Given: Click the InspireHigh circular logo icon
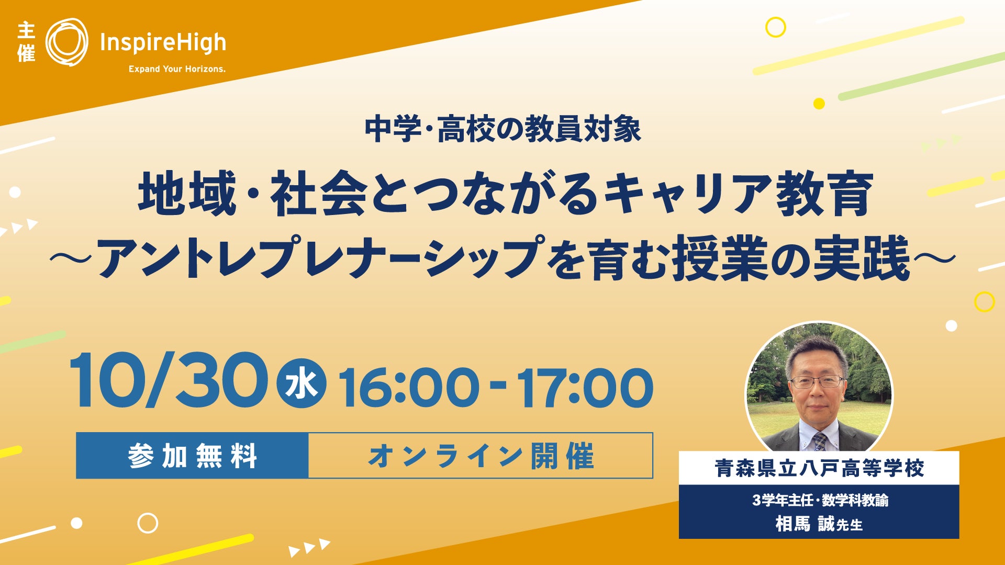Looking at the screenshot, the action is pos(67,42).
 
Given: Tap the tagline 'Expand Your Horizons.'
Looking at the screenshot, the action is pos(177,69).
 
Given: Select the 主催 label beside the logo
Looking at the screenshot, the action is pos(26,42).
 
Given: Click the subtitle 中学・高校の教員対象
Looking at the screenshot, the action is pos(502,130).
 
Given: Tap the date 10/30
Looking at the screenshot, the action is pos(169,380).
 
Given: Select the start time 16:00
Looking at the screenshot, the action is pos(409,388).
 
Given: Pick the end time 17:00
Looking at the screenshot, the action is pos(585,388).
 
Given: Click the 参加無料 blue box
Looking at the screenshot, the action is pos(192,456).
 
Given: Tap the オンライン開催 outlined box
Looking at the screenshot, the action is pos(481,456).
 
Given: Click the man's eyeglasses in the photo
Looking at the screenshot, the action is pos(817,381).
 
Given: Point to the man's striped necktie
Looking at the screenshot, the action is pos(820,442).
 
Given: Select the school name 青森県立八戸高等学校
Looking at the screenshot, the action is pos(819,468).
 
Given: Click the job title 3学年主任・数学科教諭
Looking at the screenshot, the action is pos(820,501).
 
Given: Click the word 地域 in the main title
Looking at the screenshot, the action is pos(187,194).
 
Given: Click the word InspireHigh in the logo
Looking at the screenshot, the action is pos(163,43).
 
